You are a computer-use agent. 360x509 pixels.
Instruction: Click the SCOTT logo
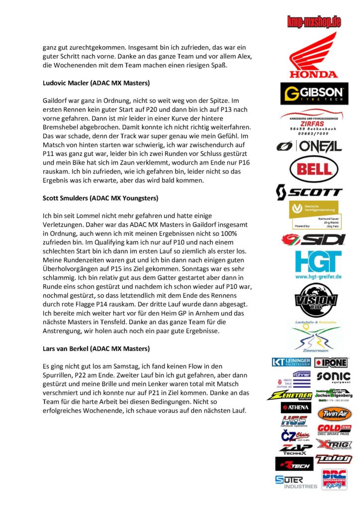[309, 191]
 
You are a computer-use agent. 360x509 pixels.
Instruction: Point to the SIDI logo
[313, 240]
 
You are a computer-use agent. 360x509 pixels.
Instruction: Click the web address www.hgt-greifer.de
[312, 276]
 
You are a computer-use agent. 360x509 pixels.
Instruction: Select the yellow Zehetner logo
[288, 396]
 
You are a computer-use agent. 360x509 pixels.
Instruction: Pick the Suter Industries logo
[296, 482]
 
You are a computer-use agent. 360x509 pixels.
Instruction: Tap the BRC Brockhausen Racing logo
[334, 481]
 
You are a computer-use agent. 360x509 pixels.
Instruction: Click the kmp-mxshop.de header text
[314, 21]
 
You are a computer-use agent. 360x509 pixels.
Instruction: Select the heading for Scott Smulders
[100, 198]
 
